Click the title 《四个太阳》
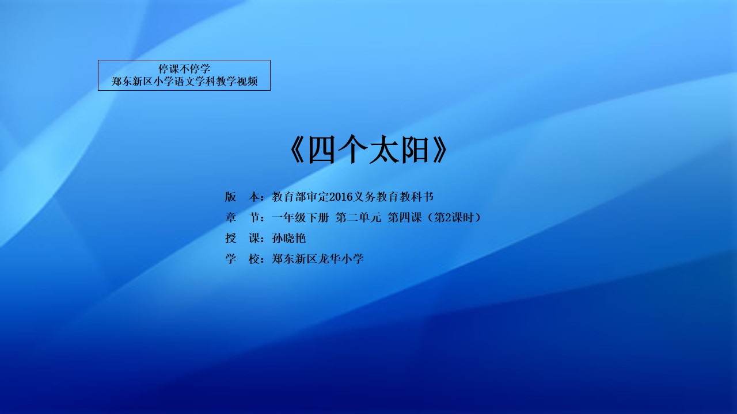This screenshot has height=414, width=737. tap(368, 149)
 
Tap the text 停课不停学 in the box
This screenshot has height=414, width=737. tap(184, 69)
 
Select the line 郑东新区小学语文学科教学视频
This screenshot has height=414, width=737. tap(184, 81)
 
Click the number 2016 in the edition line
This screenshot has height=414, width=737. tap(340, 197)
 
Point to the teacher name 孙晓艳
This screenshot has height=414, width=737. tap(288, 238)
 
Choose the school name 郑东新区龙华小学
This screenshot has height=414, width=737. tap(317, 259)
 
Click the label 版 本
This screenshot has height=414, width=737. tap(242, 197)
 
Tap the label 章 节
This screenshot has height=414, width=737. tap(242, 217)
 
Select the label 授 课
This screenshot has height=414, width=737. tap(242, 238)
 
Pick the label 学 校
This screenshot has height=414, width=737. tap(242, 259)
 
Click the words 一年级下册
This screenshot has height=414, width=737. tap(300, 217)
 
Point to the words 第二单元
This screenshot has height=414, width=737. tap(358, 217)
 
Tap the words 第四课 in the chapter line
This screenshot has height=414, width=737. tap(405, 217)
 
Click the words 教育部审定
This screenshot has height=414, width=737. tap(300, 197)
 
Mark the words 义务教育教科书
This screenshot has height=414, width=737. tap(393, 197)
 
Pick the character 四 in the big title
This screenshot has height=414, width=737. tap(321, 150)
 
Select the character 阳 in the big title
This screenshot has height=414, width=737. tap(414, 150)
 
